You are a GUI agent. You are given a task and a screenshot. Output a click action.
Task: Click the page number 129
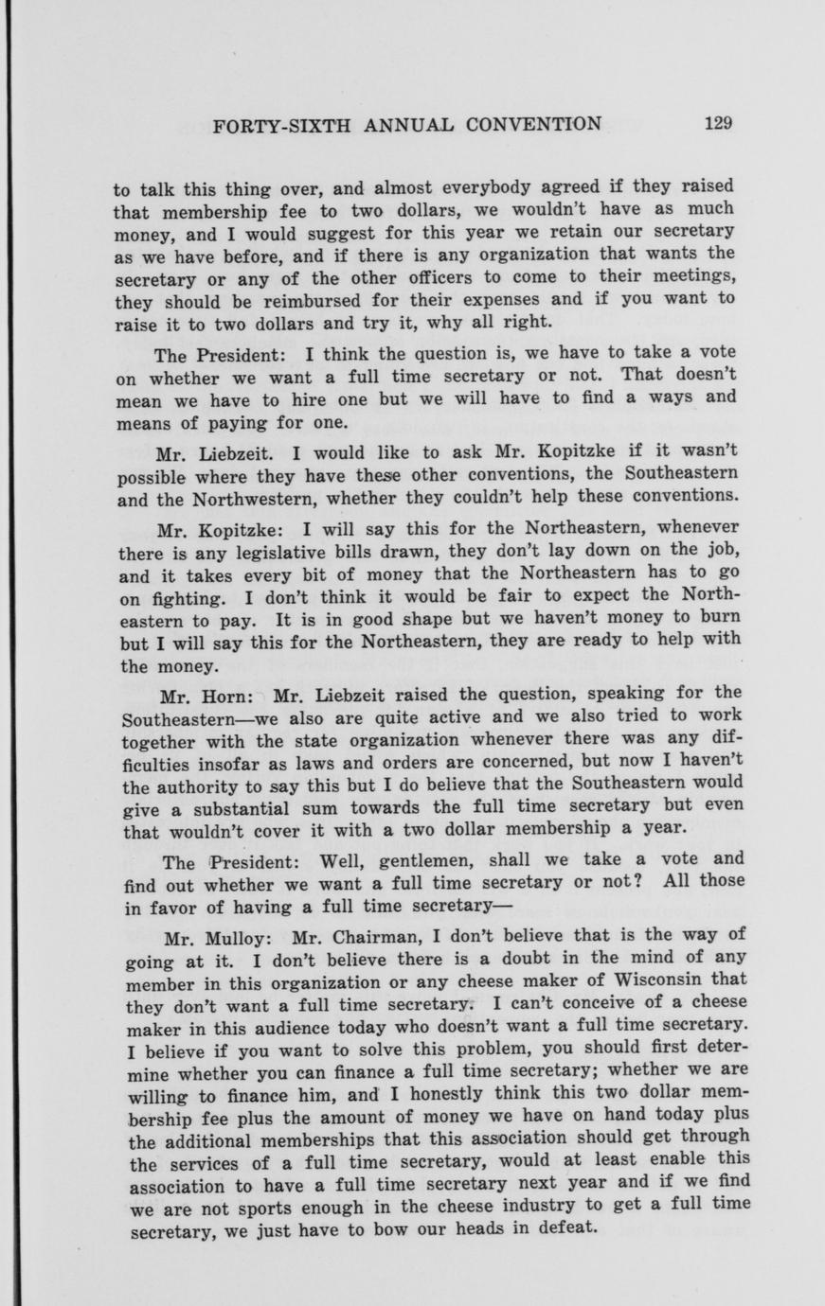click(719, 123)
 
